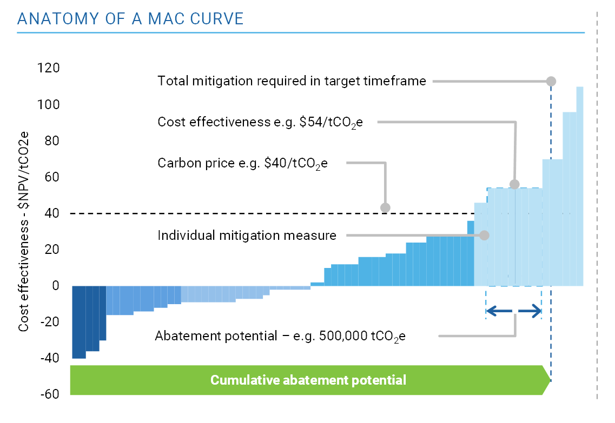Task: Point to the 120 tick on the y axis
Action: tap(49, 68)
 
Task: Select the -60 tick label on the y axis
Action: tap(49, 394)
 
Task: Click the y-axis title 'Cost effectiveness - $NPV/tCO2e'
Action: tap(24, 232)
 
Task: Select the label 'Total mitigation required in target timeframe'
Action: tap(292, 81)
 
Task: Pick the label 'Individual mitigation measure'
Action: tap(247, 236)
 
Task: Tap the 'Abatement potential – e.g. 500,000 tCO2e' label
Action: tap(280, 336)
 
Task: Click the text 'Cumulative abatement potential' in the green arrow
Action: tap(308, 380)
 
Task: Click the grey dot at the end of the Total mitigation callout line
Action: tap(551, 81)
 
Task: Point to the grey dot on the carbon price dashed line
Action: tap(385, 207)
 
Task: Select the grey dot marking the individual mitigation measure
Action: tap(484, 236)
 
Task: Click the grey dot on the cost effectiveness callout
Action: tap(514, 184)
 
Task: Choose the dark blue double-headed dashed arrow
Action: tap(514, 310)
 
